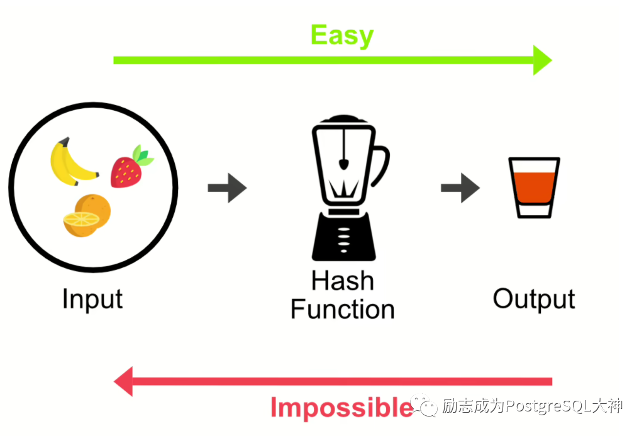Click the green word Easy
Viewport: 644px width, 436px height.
[x=341, y=35]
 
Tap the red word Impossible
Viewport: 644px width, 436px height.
[x=341, y=408]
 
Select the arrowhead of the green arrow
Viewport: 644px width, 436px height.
[x=541, y=60]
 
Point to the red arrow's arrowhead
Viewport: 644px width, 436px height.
[x=124, y=381]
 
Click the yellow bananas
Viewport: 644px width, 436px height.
[x=70, y=162]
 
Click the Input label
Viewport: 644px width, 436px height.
[x=92, y=299]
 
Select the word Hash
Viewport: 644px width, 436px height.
[x=342, y=281]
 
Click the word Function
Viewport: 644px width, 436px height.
[x=342, y=310]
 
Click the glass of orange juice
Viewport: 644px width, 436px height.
[x=534, y=187]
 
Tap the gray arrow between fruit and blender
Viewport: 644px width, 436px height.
[x=227, y=187]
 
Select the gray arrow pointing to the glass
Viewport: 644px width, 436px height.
[x=460, y=187]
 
